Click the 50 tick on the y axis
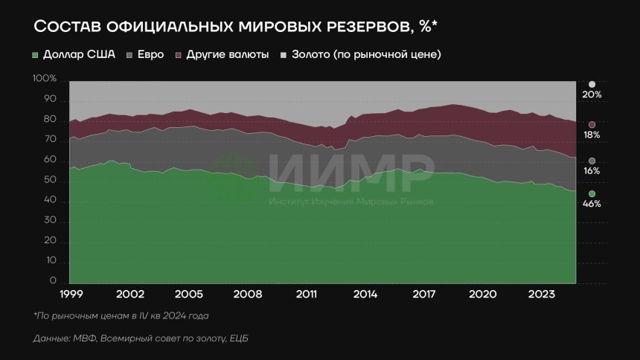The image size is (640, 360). [50, 181]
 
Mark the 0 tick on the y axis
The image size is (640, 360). [53, 282]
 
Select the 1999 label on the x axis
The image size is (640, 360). [72, 294]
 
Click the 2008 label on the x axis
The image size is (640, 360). [247, 294]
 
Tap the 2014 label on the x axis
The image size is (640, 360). [365, 294]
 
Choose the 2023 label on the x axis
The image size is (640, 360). [540, 294]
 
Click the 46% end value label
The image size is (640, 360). [592, 205]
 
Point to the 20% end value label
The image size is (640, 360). [592, 95]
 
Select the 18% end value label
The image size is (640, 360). [592, 136]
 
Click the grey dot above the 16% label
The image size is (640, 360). [592, 161]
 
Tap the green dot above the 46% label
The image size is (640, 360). [592, 194]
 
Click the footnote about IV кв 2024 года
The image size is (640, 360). [121, 315]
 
